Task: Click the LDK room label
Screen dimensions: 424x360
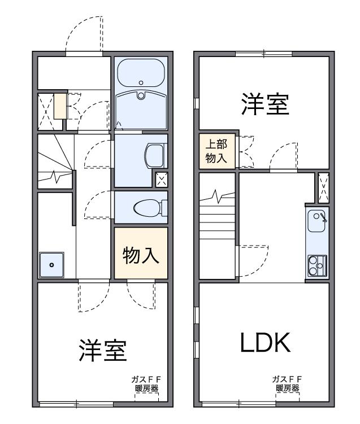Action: (264, 342)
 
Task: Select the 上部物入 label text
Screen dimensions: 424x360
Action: (216, 151)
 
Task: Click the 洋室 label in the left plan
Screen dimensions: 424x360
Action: (102, 351)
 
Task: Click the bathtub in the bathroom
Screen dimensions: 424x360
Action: (141, 74)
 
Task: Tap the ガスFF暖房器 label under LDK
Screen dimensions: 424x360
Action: (287, 383)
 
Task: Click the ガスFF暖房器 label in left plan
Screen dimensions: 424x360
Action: (147, 383)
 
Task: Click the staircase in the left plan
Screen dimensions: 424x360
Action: (54, 161)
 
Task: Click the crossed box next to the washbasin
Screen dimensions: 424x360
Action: (162, 180)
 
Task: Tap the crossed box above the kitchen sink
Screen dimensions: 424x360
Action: (324, 186)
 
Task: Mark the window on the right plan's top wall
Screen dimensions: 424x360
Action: (263, 54)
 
